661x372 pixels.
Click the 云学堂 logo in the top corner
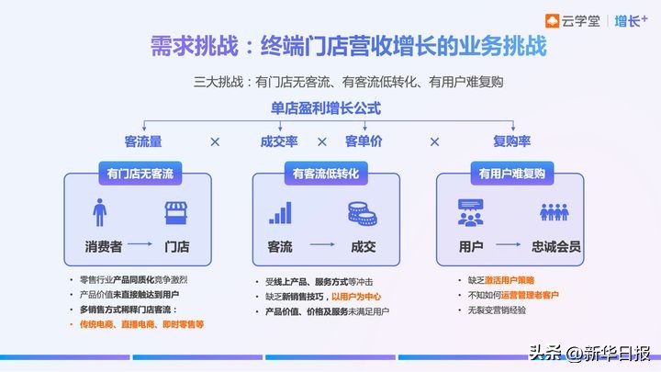(577, 21)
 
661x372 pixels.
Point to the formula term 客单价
(364, 141)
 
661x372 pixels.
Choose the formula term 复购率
(512, 141)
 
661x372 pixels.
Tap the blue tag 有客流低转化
(325, 173)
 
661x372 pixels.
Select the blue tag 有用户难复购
(511, 173)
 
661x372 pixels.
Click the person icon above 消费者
(99, 213)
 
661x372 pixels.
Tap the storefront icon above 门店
(176, 213)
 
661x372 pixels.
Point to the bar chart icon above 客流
(280, 213)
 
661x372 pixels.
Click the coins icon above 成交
(361, 213)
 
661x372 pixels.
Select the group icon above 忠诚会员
(555, 213)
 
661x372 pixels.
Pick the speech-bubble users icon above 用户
(471, 213)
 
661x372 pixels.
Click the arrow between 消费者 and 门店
(139, 246)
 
